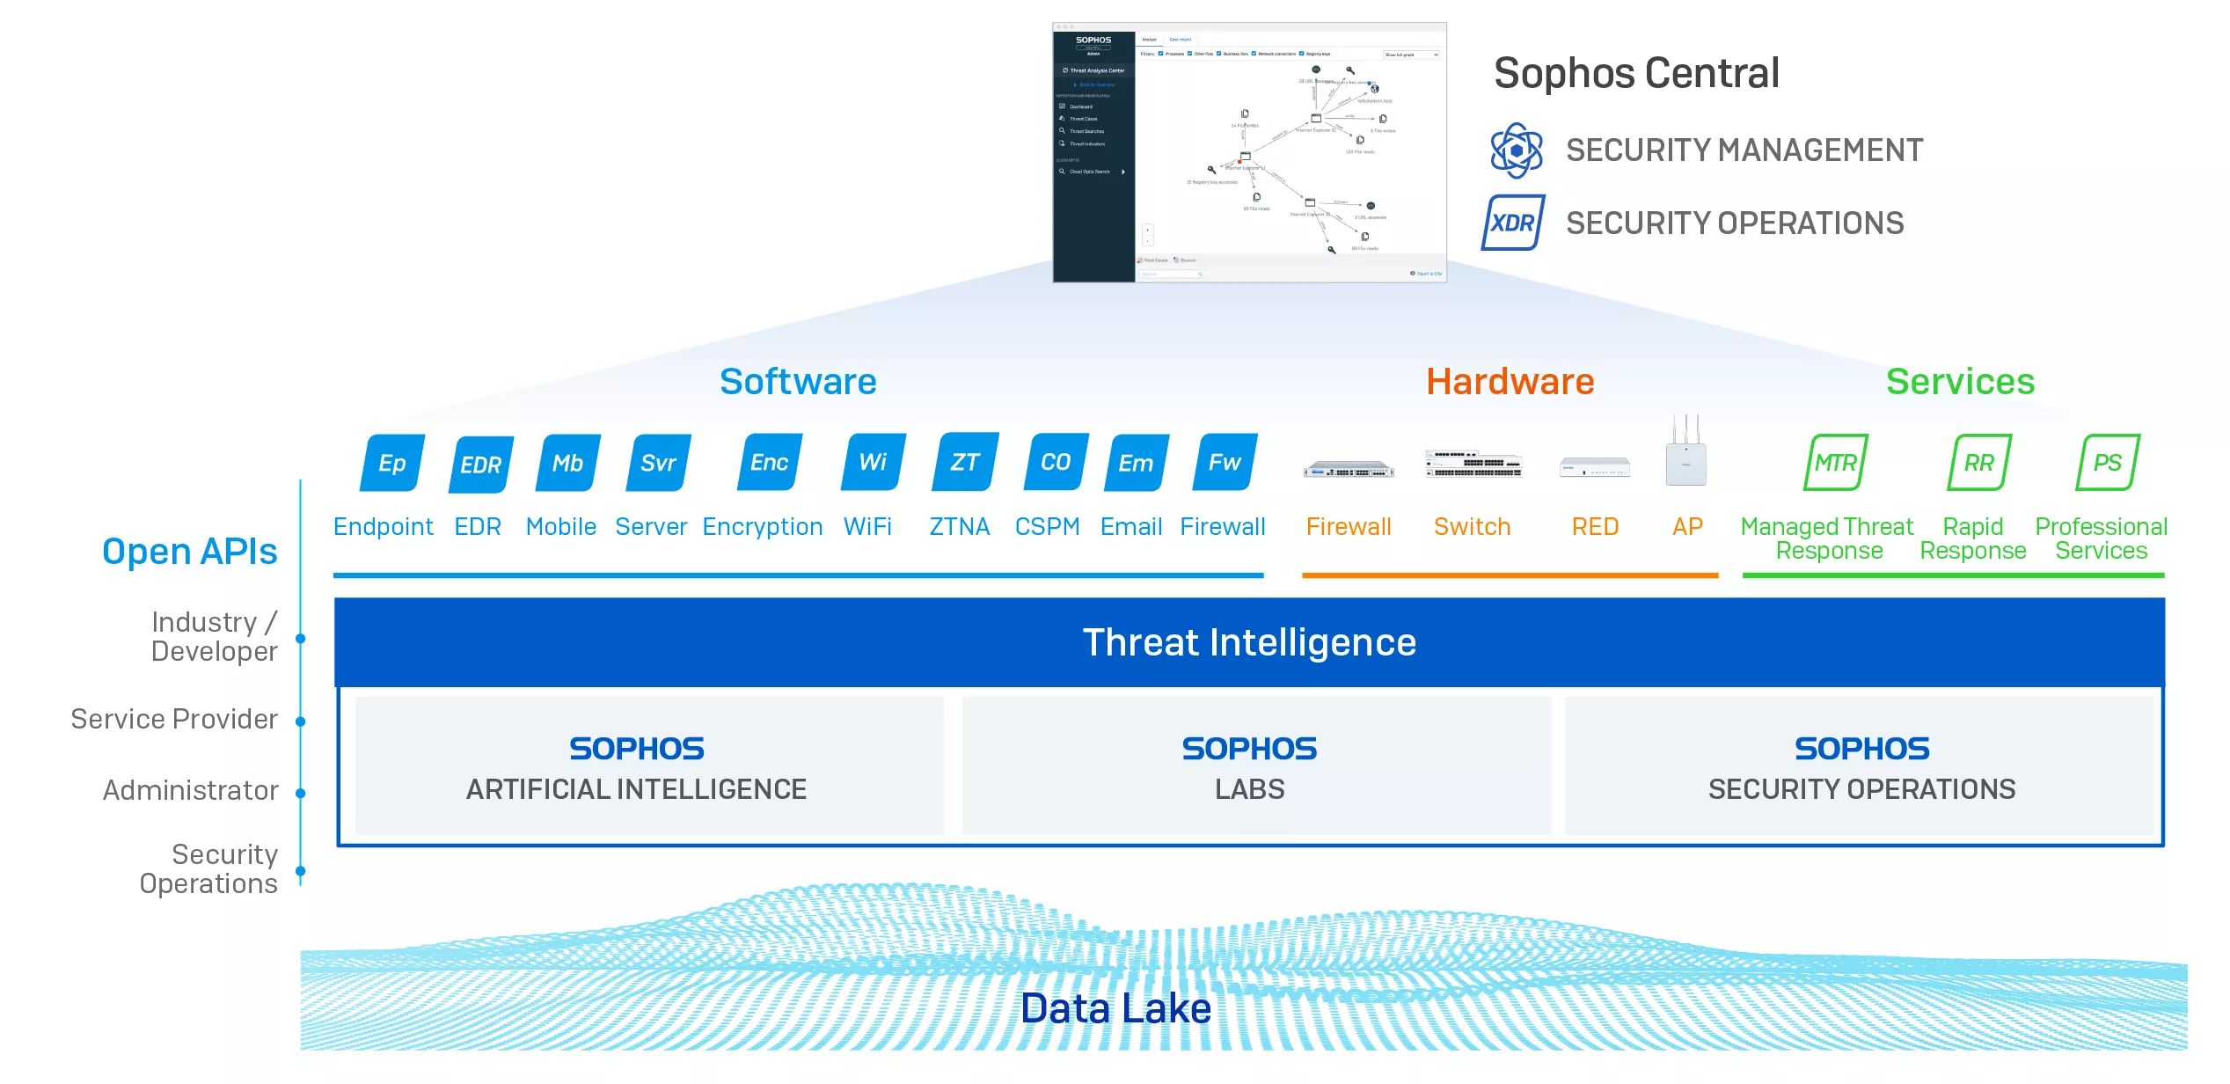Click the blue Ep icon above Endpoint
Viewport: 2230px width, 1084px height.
(x=392, y=463)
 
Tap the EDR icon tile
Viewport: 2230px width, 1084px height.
(x=481, y=464)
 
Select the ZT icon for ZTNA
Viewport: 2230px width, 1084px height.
(x=965, y=462)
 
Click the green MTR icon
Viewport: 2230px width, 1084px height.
(x=1836, y=462)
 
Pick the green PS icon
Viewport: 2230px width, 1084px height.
(x=2107, y=462)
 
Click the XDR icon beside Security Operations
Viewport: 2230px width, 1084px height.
(x=1513, y=223)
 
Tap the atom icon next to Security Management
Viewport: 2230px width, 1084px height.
(x=1516, y=150)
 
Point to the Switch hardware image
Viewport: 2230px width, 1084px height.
(x=1473, y=464)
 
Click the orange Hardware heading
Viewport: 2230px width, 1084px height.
(x=1510, y=382)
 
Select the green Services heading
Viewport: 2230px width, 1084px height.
(x=1960, y=382)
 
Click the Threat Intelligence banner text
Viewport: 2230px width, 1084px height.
(x=1249, y=642)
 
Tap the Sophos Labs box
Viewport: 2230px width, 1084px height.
(x=1249, y=766)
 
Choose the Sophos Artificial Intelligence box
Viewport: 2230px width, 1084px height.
(x=637, y=766)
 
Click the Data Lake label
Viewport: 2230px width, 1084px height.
(x=1115, y=1008)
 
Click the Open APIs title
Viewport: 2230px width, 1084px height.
(x=190, y=552)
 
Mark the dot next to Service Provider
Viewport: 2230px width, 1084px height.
(x=300, y=721)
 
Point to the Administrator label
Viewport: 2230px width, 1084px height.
(x=191, y=790)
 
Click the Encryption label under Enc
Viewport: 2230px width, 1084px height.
(x=763, y=527)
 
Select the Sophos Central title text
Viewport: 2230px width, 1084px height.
(x=1636, y=73)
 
